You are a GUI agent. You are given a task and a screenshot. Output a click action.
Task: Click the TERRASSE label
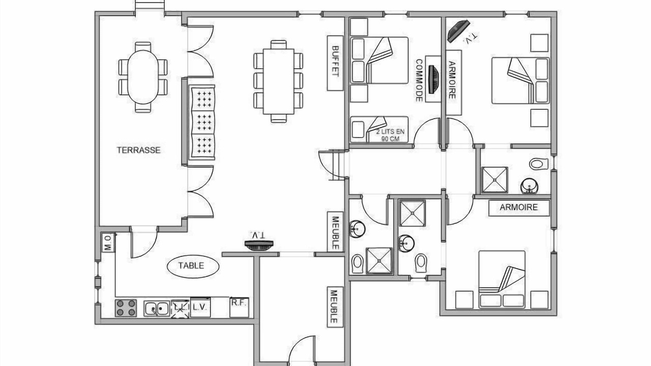(139, 150)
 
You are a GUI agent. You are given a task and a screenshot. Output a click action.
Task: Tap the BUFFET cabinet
(335, 63)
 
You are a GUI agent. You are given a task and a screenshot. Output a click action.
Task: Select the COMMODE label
(419, 81)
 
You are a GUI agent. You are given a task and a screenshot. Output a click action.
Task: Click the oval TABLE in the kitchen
(193, 266)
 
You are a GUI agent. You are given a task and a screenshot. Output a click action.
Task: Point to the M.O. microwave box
(108, 242)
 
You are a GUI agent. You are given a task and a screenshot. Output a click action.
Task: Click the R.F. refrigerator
(239, 307)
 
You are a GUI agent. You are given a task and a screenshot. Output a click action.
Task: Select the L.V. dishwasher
(200, 307)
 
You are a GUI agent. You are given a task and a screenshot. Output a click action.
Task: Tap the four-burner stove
(126, 308)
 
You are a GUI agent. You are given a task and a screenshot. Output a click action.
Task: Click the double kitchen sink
(157, 309)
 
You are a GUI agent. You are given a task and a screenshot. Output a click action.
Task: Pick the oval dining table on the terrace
(143, 77)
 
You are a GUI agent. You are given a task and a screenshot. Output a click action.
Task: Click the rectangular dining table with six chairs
(278, 81)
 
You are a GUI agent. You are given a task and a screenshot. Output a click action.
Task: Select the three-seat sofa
(202, 123)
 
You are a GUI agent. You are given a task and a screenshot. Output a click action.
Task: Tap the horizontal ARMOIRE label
(519, 207)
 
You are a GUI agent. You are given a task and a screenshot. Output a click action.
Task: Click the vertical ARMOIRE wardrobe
(454, 82)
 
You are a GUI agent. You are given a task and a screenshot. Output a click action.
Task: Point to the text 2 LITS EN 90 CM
(390, 135)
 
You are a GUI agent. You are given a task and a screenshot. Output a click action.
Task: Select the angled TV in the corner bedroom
(459, 31)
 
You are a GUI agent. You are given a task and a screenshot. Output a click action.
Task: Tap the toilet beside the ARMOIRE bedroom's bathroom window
(539, 164)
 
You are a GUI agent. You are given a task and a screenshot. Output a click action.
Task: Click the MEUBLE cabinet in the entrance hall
(335, 307)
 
